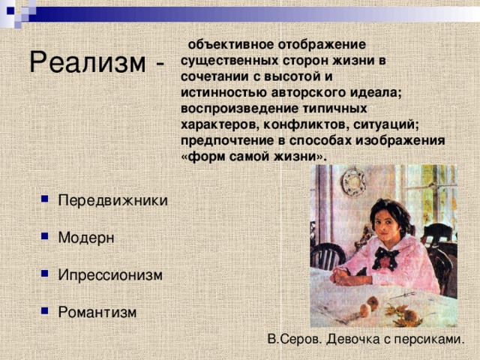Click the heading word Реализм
85,62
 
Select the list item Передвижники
112,202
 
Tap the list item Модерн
86,238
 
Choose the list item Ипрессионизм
109,275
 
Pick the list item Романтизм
97,311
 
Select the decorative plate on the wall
353,182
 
